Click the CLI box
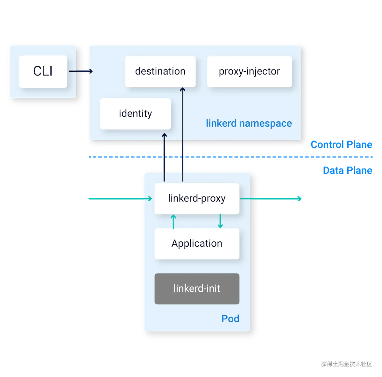(x=43, y=71)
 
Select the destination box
(x=160, y=71)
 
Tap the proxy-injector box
(x=249, y=71)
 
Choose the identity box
(x=135, y=114)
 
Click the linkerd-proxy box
(x=197, y=198)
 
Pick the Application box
(x=197, y=244)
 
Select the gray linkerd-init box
(x=197, y=288)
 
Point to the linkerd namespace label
(x=249, y=123)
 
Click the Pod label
(x=230, y=319)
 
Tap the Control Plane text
(x=341, y=145)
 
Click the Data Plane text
(x=347, y=171)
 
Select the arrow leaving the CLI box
(x=81, y=71)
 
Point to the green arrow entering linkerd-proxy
(x=119, y=199)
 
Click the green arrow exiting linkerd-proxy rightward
(x=271, y=199)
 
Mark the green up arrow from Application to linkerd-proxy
(x=173, y=222)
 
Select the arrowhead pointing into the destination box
(x=182, y=90)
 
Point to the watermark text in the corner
(x=346, y=364)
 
